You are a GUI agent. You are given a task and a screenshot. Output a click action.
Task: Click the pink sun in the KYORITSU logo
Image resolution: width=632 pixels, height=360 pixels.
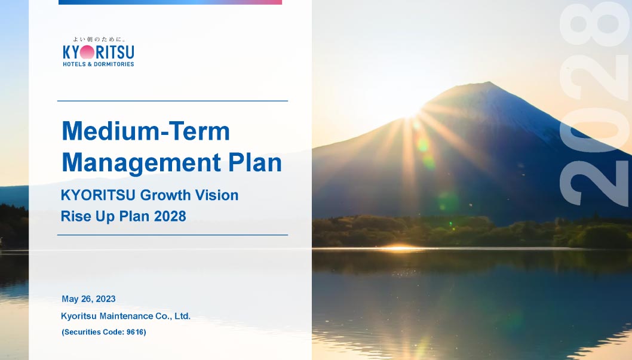point(87,52)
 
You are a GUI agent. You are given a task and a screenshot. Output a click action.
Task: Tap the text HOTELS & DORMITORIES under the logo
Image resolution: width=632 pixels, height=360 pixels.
point(99,64)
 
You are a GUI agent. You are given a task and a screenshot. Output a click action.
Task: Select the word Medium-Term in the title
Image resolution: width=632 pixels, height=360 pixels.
point(146,131)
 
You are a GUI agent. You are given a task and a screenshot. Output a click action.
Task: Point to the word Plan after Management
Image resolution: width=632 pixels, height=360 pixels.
point(254,162)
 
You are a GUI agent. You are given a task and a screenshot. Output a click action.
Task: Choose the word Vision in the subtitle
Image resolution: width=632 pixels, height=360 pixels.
point(217,195)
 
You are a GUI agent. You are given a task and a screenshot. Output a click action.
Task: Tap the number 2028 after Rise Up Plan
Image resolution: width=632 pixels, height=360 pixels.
point(170,216)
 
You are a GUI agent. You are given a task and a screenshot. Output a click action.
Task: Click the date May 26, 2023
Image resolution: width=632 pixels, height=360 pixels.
point(88,299)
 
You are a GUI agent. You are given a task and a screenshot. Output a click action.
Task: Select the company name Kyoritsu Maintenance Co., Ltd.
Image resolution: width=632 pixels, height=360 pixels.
point(126,316)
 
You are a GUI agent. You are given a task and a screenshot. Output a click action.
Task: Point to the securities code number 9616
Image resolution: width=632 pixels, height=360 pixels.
point(136,332)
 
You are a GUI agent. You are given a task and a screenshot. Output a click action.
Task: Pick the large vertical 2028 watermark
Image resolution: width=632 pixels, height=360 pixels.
point(595,104)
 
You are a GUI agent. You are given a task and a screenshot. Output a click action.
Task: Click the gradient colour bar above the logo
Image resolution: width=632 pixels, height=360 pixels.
point(170,2)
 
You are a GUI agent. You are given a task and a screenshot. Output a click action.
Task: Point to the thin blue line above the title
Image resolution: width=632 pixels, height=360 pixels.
point(173,101)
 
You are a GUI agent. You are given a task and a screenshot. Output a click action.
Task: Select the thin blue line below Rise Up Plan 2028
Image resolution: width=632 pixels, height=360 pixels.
point(173,235)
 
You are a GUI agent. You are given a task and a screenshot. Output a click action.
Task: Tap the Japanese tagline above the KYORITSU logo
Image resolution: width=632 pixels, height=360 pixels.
point(99,39)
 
